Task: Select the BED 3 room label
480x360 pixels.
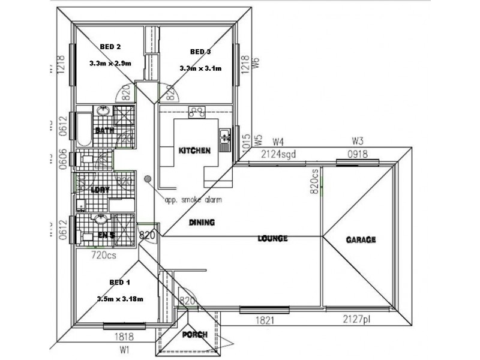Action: click(x=200, y=51)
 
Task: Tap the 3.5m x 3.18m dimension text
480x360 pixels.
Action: click(x=120, y=299)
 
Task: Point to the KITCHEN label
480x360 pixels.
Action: click(x=194, y=150)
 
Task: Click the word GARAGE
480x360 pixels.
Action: click(x=361, y=239)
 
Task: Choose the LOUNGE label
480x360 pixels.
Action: click(x=273, y=238)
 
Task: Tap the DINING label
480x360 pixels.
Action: click(x=202, y=222)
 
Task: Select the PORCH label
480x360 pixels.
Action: click(x=195, y=334)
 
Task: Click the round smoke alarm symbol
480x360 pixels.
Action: click(x=148, y=178)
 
